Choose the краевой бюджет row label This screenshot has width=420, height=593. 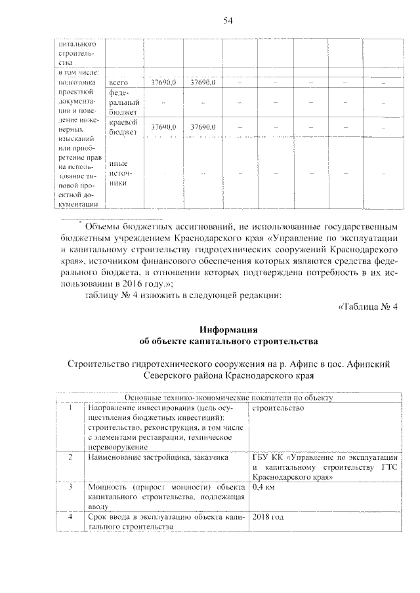[123, 127]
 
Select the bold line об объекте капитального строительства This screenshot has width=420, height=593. [228, 341]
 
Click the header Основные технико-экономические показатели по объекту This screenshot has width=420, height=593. [229, 397]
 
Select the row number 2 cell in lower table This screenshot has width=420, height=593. [70, 457]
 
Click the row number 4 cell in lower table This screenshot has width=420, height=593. [70, 517]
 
